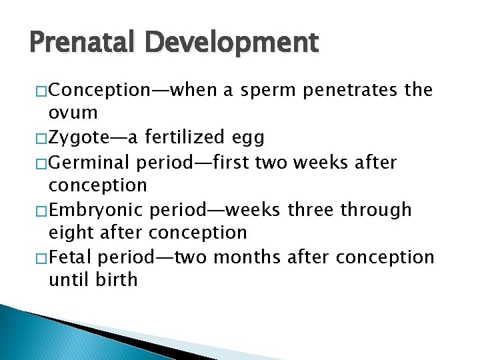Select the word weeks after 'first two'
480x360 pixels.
[328, 161]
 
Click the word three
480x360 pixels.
[311, 209]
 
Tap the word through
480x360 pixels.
[376, 209]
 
